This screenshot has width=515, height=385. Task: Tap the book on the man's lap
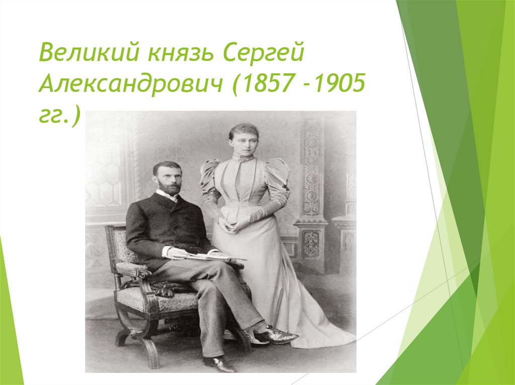(x=206, y=256)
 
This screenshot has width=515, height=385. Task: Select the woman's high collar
(x=243, y=157)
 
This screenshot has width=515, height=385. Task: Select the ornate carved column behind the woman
(x=312, y=191)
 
